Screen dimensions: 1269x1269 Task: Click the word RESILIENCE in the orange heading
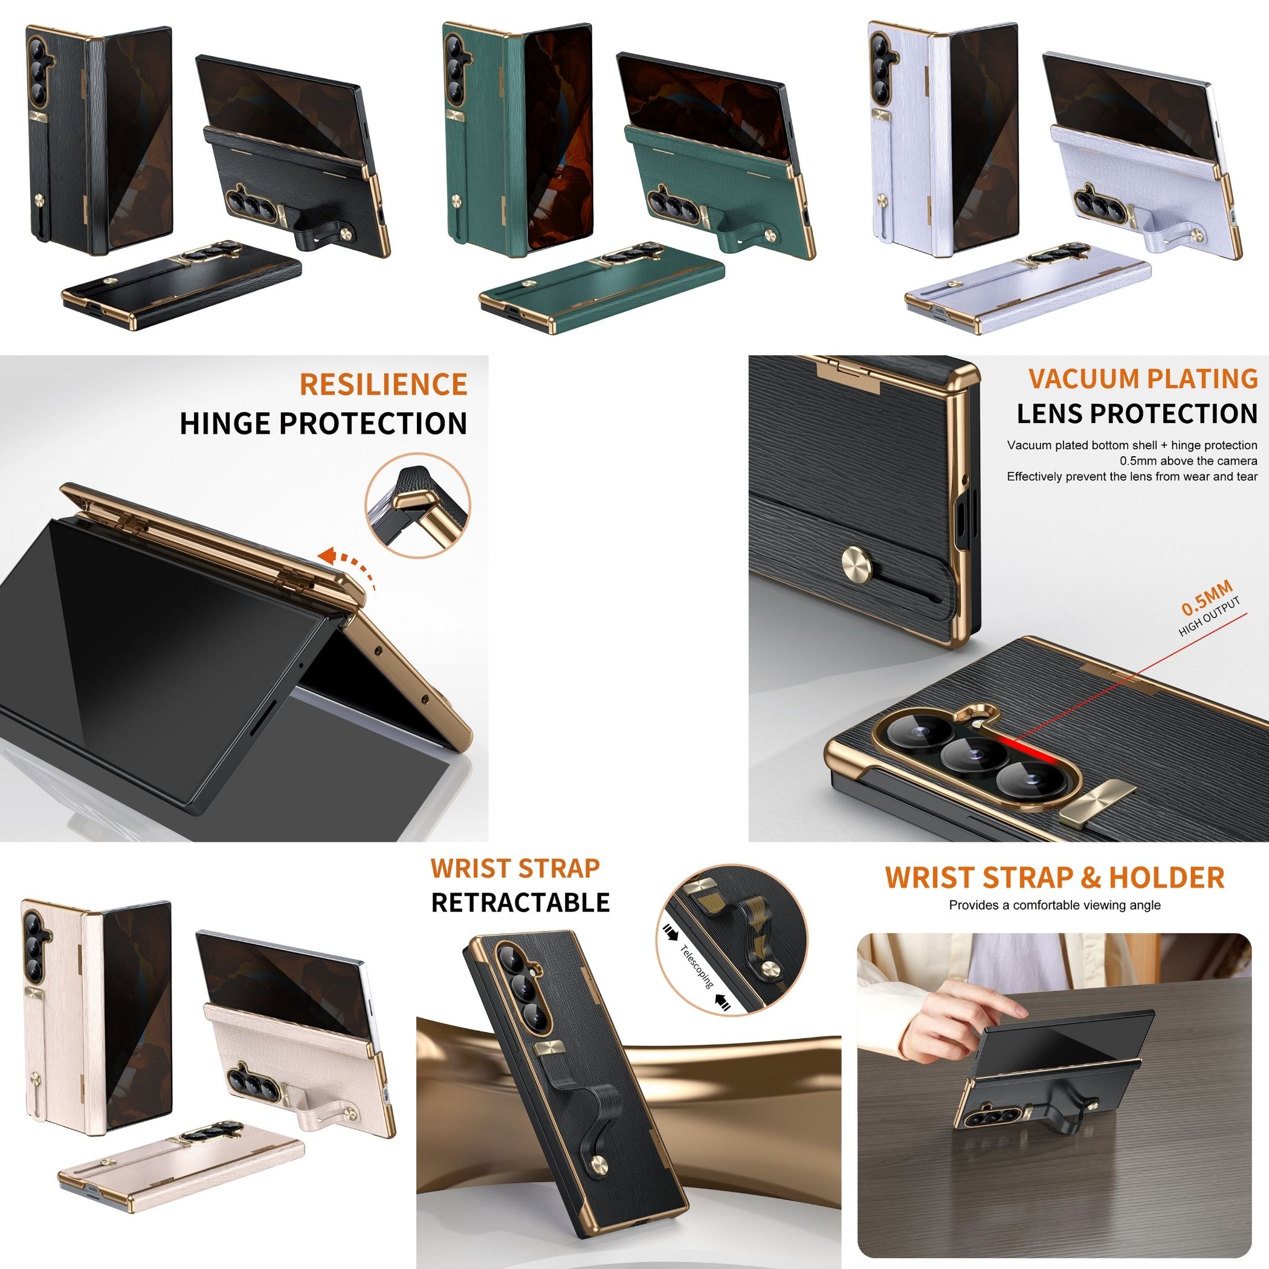click(383, 384)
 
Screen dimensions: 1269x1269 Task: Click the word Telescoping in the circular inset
click(697, 966)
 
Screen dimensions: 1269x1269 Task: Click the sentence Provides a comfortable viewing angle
click(1054, 905)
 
